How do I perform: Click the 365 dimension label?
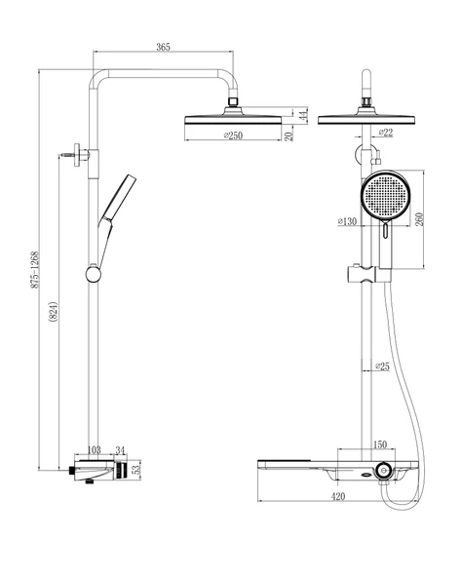163,47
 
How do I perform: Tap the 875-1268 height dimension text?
35,270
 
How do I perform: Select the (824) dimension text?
54,312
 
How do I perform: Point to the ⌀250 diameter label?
233,135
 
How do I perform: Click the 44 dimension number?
302,114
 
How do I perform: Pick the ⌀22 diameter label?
386,133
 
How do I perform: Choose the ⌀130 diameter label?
347,221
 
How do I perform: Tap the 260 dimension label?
419,219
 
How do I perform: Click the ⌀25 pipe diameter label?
382,366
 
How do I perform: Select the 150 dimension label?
379,444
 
